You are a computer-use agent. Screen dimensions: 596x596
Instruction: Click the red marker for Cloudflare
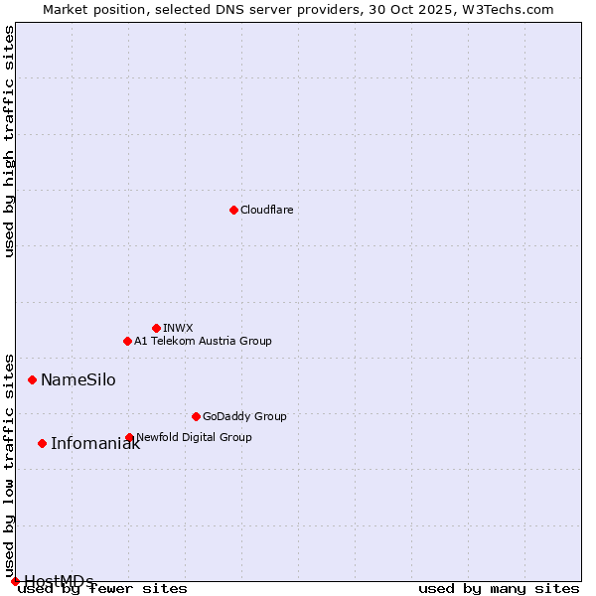(x=233, y=210)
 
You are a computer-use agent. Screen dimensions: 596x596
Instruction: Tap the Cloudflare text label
(x=266, y=210)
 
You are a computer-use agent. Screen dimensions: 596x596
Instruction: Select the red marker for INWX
(x=156, y=328)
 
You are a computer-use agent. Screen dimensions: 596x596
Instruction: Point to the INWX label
(x=178, y=328)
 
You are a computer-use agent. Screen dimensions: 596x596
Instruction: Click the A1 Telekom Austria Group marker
(x=127, y=341)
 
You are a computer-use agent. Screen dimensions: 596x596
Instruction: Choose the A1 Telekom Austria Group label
(x=203, y=341)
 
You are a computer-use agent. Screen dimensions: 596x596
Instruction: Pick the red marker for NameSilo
(x=32, y=379)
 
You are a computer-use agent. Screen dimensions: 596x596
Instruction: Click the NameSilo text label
(x=77, y=380)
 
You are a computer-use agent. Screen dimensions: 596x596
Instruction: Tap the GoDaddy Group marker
(x=196, y=416)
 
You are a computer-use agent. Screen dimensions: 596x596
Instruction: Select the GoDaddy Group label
(x=244, y=416)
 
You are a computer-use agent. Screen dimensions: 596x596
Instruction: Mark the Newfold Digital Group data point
(x=129, y=437)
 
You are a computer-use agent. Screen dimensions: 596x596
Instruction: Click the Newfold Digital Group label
(x=194, y=437)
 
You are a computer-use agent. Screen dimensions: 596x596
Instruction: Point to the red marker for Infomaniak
(x=42, y=443)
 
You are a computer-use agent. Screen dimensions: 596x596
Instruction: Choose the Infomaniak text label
(x=95, y=444)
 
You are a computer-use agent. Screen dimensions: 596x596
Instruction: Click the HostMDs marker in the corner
(x=15, y=581)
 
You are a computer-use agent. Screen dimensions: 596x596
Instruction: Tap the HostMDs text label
(x=59, y=581)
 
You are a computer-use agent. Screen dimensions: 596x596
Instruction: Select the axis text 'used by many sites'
(x=499, y=589)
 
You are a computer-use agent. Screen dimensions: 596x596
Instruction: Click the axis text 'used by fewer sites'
(x=103, y=589)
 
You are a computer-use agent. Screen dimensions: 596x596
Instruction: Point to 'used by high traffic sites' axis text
(x=9, y=141)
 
